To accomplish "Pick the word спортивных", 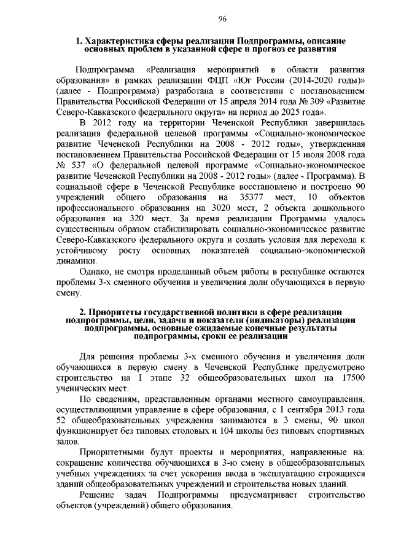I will (341, 431).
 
